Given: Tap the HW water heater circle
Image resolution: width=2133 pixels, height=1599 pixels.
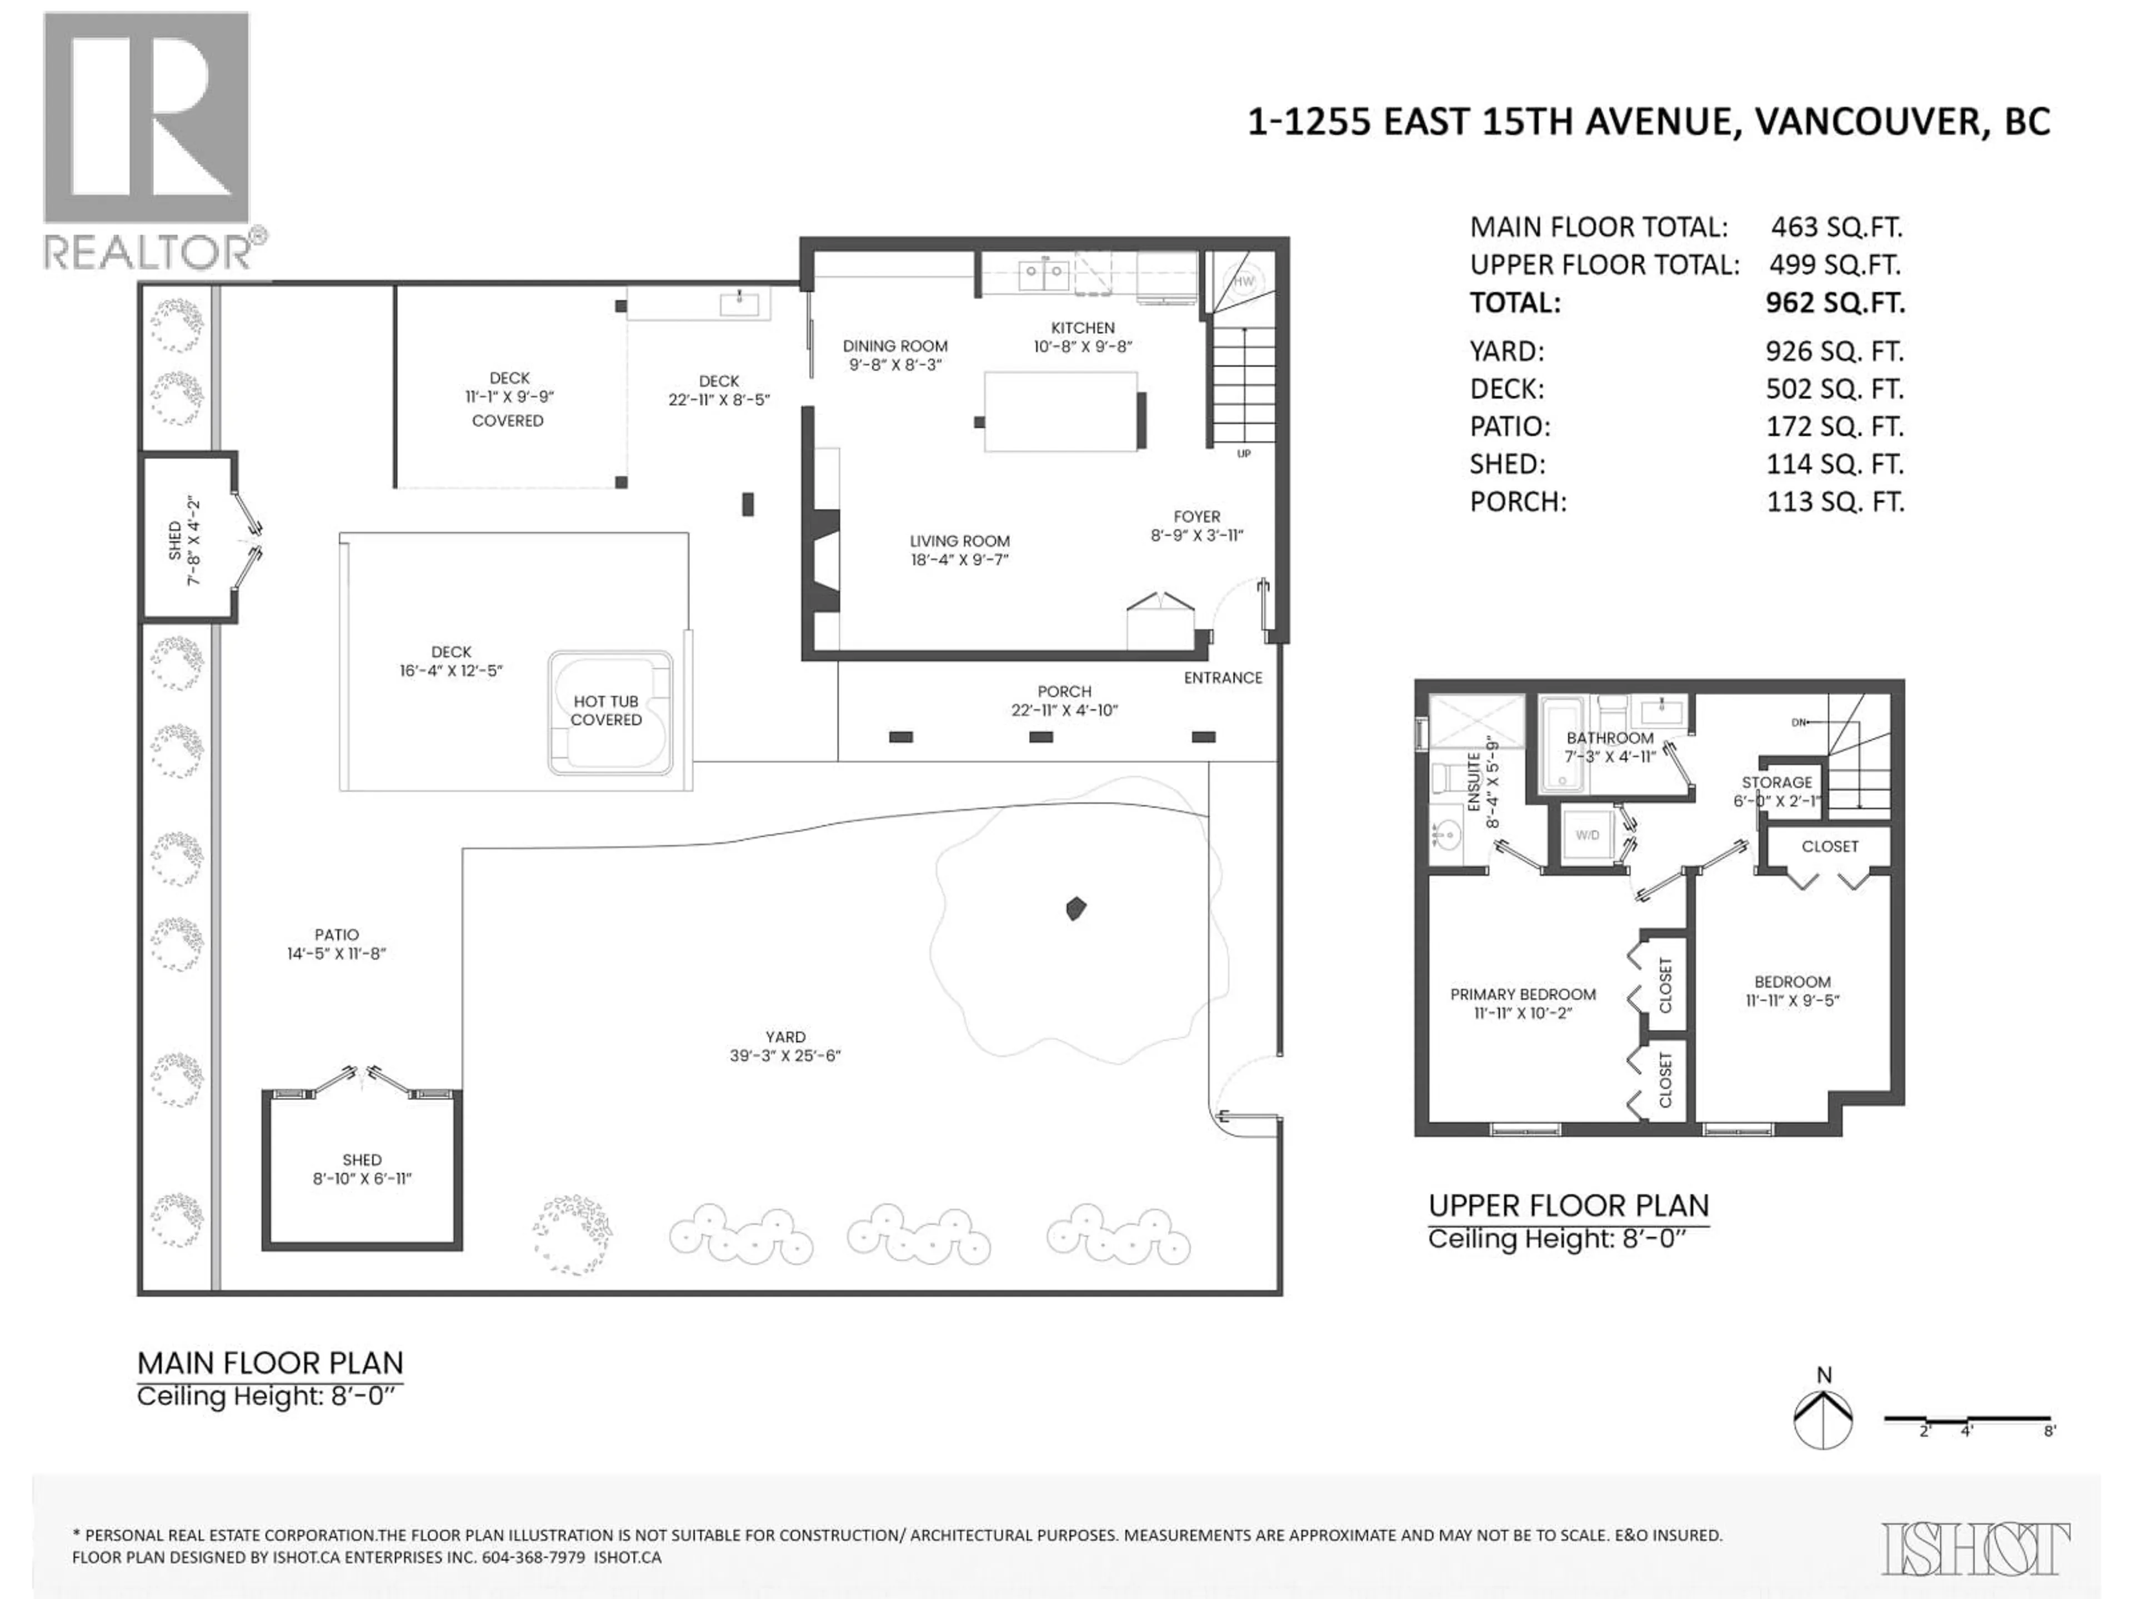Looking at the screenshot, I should tap(1244, 281).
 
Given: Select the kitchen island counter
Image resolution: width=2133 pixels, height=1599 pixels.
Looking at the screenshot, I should tap(1060, 411).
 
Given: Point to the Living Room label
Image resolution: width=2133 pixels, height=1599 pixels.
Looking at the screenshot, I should tap(959, 542).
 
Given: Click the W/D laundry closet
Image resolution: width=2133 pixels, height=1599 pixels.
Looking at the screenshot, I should tap(1587, 834).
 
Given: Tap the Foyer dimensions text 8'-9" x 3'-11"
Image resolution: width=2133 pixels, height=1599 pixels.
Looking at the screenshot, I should tap(1196, 535).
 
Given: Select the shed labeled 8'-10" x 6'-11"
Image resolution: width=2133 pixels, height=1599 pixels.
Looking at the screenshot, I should tap(362, 1169).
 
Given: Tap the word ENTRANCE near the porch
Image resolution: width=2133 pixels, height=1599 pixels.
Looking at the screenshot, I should tap(1223, 677).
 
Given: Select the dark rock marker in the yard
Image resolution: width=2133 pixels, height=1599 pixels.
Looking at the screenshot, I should tap(1076, 908).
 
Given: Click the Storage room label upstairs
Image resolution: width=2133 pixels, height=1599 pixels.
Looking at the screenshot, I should tap(1776, 783).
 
